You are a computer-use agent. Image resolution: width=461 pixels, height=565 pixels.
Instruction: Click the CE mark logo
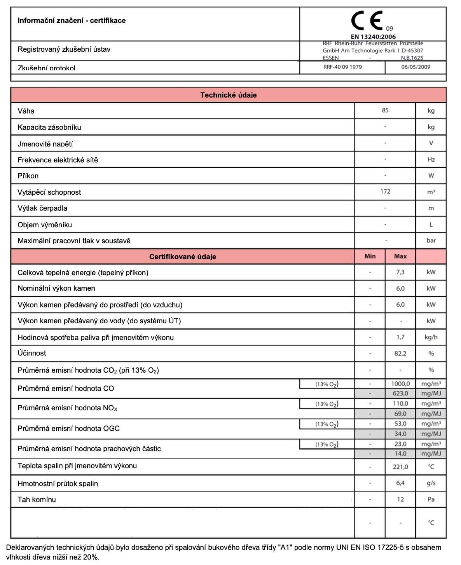point(367,21)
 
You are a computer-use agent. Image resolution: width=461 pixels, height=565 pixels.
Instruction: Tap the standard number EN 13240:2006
point(373,37)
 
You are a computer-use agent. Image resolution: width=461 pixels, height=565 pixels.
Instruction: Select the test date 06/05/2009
point(416,67)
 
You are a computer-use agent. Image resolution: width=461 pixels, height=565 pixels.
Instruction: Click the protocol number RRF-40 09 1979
point(342,67)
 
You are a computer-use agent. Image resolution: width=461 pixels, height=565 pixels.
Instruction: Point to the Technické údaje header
point(228,95)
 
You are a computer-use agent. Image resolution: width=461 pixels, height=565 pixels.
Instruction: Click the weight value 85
point(385,110)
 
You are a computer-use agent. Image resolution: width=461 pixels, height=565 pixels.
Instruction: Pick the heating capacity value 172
point(385,192)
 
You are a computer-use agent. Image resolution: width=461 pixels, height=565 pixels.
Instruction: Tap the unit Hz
point(431,159)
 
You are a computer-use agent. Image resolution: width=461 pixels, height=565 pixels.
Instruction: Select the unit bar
point(431,241)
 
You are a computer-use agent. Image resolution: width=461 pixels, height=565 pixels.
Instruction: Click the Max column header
point(400,256)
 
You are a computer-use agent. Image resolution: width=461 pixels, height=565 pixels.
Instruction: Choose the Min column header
point(370,256)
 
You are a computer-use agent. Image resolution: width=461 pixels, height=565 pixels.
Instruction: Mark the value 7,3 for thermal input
point(400,272)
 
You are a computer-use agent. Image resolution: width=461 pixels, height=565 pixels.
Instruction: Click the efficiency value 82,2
point(400,354)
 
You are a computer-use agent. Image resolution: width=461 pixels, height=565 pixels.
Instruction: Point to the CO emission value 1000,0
point(400,384)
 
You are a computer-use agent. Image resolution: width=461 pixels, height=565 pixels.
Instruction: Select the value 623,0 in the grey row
point(400,394)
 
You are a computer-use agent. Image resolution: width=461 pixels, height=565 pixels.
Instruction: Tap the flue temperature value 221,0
point(400,467)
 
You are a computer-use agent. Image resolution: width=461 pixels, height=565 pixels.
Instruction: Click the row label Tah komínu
point(37,500)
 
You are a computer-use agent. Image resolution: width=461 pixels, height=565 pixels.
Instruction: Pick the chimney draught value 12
point(400,499)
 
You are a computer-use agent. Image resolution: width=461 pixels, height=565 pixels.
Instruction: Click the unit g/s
point(431,483)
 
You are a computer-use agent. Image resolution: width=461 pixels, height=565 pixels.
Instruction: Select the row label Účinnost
point(32,353)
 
